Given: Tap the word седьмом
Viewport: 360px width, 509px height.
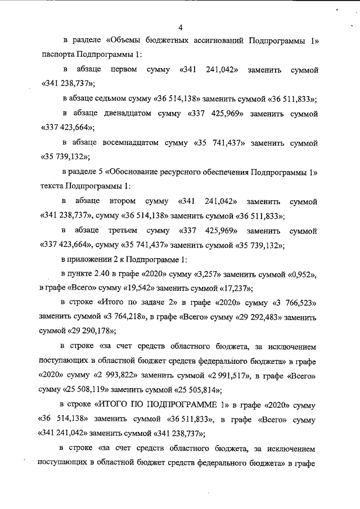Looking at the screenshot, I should click(123, 98).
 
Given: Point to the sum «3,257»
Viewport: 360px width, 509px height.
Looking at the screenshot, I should click(206, 274).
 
